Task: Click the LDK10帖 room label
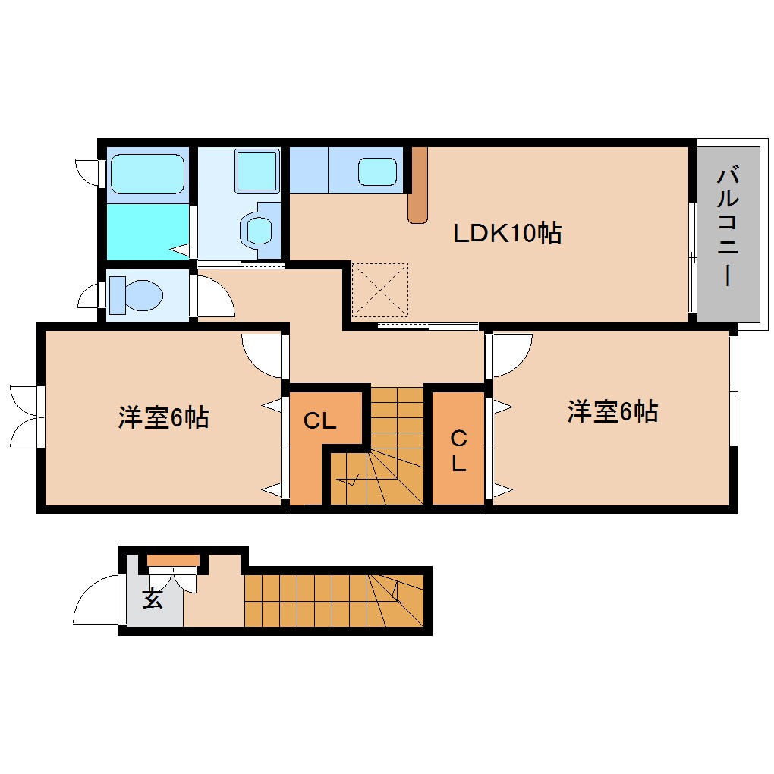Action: click(x=507, y=233)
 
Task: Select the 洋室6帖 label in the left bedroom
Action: click(x=163, y=417)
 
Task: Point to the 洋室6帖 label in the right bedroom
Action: click(x=612, y=411)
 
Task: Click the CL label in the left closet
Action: click(x=319, y=421)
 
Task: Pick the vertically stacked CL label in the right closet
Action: click(x=458, y=451)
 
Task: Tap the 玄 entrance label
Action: click(x=153, y=599)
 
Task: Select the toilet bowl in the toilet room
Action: click(x=137, y=294)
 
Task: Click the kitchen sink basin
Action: click(x=378, y=172)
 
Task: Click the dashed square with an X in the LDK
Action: click(x=380, y=290)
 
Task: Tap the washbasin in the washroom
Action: click(x=260, y=227)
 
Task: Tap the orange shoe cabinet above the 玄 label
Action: click(x=173, y=561)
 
